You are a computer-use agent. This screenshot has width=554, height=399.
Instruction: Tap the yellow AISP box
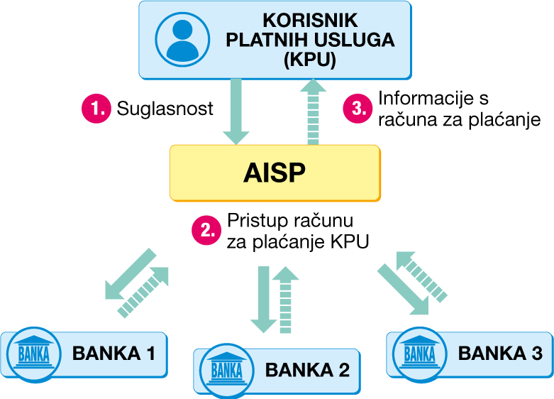[x=275, y=173]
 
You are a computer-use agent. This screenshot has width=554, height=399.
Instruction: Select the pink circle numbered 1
[x=96, y=109]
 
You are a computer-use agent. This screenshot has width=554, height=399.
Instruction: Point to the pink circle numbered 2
[x=207, y=229]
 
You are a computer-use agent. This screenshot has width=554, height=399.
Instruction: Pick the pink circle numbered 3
[x=358, y=109]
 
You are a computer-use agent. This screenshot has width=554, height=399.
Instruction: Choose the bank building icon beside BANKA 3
[x=419, y=351]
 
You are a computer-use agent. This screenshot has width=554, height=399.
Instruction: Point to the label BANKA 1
[x=113, y=351]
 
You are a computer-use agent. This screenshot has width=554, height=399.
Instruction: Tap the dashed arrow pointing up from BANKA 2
[x=287, y=298]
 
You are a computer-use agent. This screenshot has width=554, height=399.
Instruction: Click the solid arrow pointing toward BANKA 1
[x=128, y=276]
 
